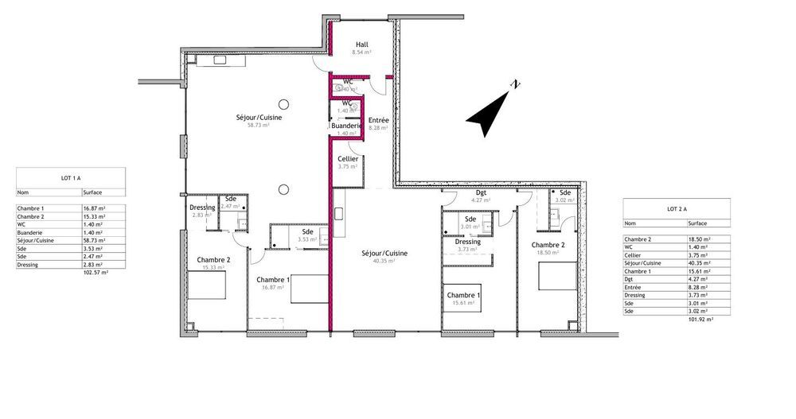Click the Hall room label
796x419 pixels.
pyautogui.click(x=362, y=45)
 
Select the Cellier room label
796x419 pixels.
pyautogui.click(x=348, y=159)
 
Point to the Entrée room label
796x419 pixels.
pyautogui.click(x=378, y=120)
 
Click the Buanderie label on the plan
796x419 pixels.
pyautogui.click(x=347, y=126)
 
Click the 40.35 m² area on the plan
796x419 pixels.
pyautogui.click(x=384, y=261)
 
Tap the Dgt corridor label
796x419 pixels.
pyautogui.click(x=481, y=193)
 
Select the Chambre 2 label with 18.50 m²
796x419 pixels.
pyautogui.click(x=548, y=245)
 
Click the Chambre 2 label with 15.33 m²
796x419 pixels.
pyautogui.click(x=213, y=260)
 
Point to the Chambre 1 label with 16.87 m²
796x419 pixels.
pyautogui.click(x=273, y=280)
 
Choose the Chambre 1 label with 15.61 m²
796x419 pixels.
pyautogui.click(x=463, y=296)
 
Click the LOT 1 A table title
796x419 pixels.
pyautogui.click(x=71, y=178)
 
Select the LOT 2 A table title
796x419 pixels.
pyautogui.click(x=677, y=209)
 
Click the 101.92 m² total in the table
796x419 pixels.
pyautogui.click(x=700, y=318)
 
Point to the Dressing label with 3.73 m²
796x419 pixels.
pyautogui.click(x=468, y=242)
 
